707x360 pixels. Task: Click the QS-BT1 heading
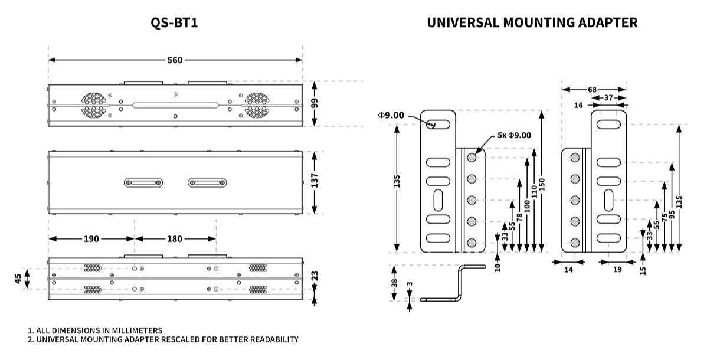175,23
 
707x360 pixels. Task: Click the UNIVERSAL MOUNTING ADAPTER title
532,23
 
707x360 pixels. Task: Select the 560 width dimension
175,60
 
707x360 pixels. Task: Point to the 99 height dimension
315,103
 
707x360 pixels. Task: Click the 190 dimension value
91,239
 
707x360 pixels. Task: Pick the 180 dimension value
175,239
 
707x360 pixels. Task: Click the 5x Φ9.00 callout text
514,135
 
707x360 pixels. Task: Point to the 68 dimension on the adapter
592,90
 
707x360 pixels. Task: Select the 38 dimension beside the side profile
394,283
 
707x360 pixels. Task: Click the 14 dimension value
568,269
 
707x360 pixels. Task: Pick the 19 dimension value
617,269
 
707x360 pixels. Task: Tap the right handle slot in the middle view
207,183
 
